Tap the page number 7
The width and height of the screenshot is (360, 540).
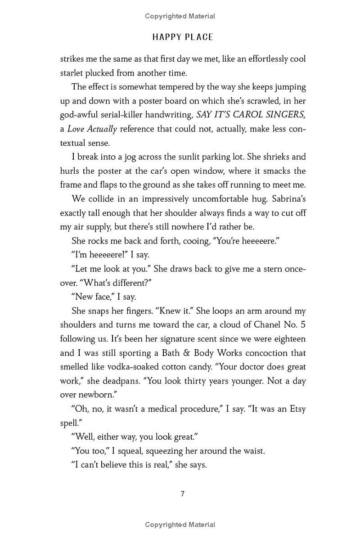(182, 494)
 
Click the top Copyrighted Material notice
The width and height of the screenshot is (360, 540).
(180, 16)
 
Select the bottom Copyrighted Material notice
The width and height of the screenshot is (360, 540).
(180, 525)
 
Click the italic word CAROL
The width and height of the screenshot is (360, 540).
(247, 115)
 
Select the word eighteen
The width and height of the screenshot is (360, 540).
(288, 338)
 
